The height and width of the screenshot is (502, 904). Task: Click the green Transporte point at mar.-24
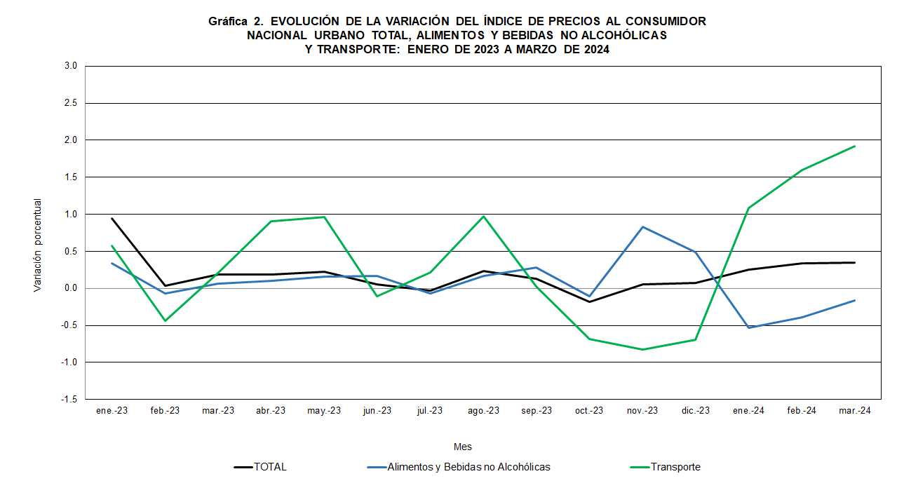(x=855, y=146)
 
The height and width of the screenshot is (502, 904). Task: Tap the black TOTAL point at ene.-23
(x=112, y=218)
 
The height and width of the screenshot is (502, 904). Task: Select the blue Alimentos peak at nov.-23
(x=642, y=226)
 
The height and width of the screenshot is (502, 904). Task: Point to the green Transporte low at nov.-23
(x=642, y=349)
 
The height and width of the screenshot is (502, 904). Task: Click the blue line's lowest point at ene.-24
(x=749, y=327)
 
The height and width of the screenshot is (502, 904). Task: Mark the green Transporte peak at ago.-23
(x=483, y=216)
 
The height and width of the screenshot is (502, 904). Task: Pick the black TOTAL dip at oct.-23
(x=589, y=301)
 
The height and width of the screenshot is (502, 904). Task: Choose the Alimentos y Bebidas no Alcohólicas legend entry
(x=468, y=467)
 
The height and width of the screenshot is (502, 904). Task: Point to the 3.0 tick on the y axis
(x=70, y=67)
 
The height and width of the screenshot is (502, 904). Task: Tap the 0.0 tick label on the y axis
(x=70, y=288)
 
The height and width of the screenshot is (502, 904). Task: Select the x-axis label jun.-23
(x=377, y=411)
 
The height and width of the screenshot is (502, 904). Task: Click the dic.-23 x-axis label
(x=695, y=411)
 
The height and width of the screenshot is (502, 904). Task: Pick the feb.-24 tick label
(x=802, y=411)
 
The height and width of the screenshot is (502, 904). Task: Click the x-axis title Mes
(x=462, y=447)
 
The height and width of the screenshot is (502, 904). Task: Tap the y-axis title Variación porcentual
(x=38, y=245)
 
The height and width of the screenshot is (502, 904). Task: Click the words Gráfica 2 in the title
(x=234, y=22)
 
